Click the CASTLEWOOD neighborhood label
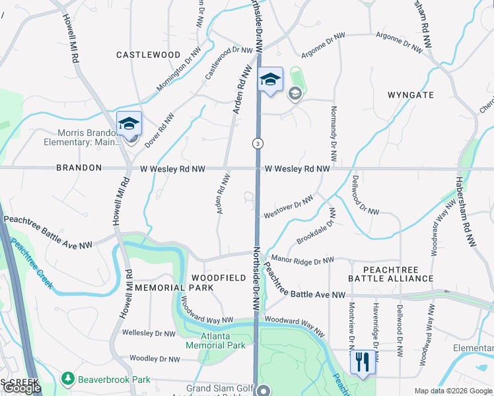(148, 54)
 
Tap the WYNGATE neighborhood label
(410, 95)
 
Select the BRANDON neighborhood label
(79, 168)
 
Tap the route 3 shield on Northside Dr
(257, 143)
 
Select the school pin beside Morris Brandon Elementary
(129, 123)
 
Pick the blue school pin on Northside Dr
(269, 81)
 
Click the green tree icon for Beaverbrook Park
(67, 379)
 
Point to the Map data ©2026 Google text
(453, 391)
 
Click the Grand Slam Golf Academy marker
(264, 391)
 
